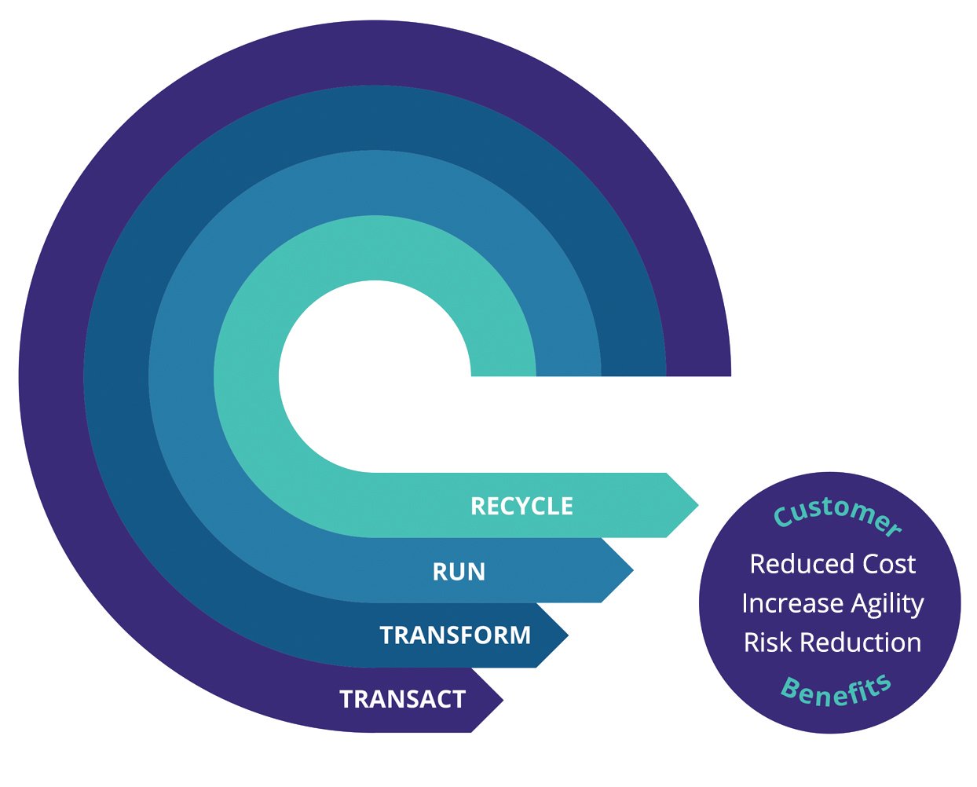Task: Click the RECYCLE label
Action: coord(521,506)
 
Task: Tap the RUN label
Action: coord(459,572)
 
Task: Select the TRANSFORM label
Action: coord(455,635)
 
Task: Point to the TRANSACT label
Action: coord(402,699)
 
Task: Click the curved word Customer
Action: coord(837,514)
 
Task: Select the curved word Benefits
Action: coord(836,691)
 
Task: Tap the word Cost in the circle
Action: coord(889,564)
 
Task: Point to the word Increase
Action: coord(781,603)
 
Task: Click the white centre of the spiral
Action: coord(369,377)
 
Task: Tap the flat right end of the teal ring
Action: coord(503,372)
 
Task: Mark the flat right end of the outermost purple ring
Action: coord(698,372)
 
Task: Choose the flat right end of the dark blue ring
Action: coord(633,372)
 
